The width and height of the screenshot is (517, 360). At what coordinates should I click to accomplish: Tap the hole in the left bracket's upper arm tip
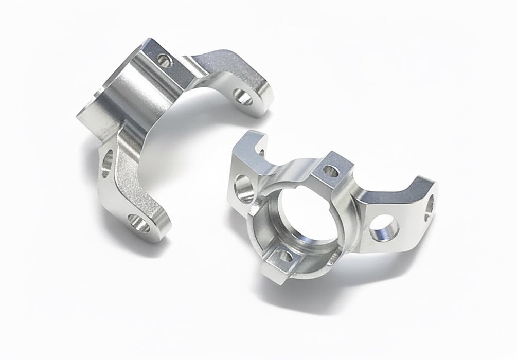(x=241, y=96)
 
